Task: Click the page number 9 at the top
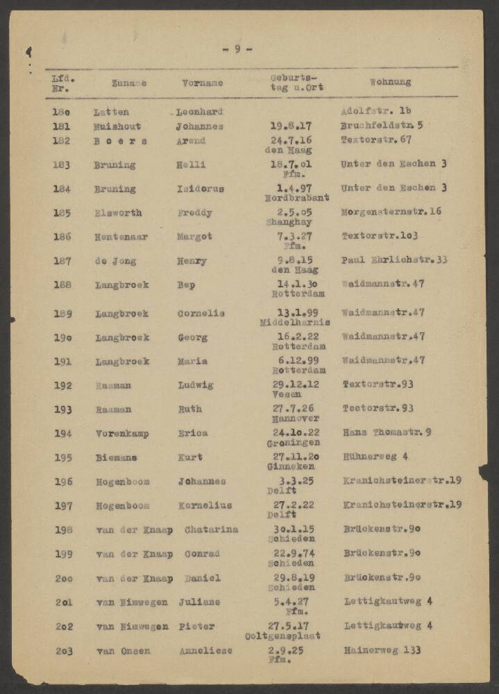click(237, 49)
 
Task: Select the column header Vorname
click(203, 83)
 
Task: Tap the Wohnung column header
click(390, 82)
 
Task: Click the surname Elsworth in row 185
click(118, 213)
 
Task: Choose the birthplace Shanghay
click(289, 223)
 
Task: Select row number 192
click(63, 385)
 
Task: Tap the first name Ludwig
click(195, 385)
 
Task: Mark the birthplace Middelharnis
click(295, 323)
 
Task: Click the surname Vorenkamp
click(122, 433)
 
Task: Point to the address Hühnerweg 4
click(375, 457)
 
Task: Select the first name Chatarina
click(211, 530)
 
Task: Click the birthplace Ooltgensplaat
click(282, 636)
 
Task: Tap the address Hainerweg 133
click(382, 650)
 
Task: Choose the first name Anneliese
click(205, 651)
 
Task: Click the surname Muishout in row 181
click(118, 126)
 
